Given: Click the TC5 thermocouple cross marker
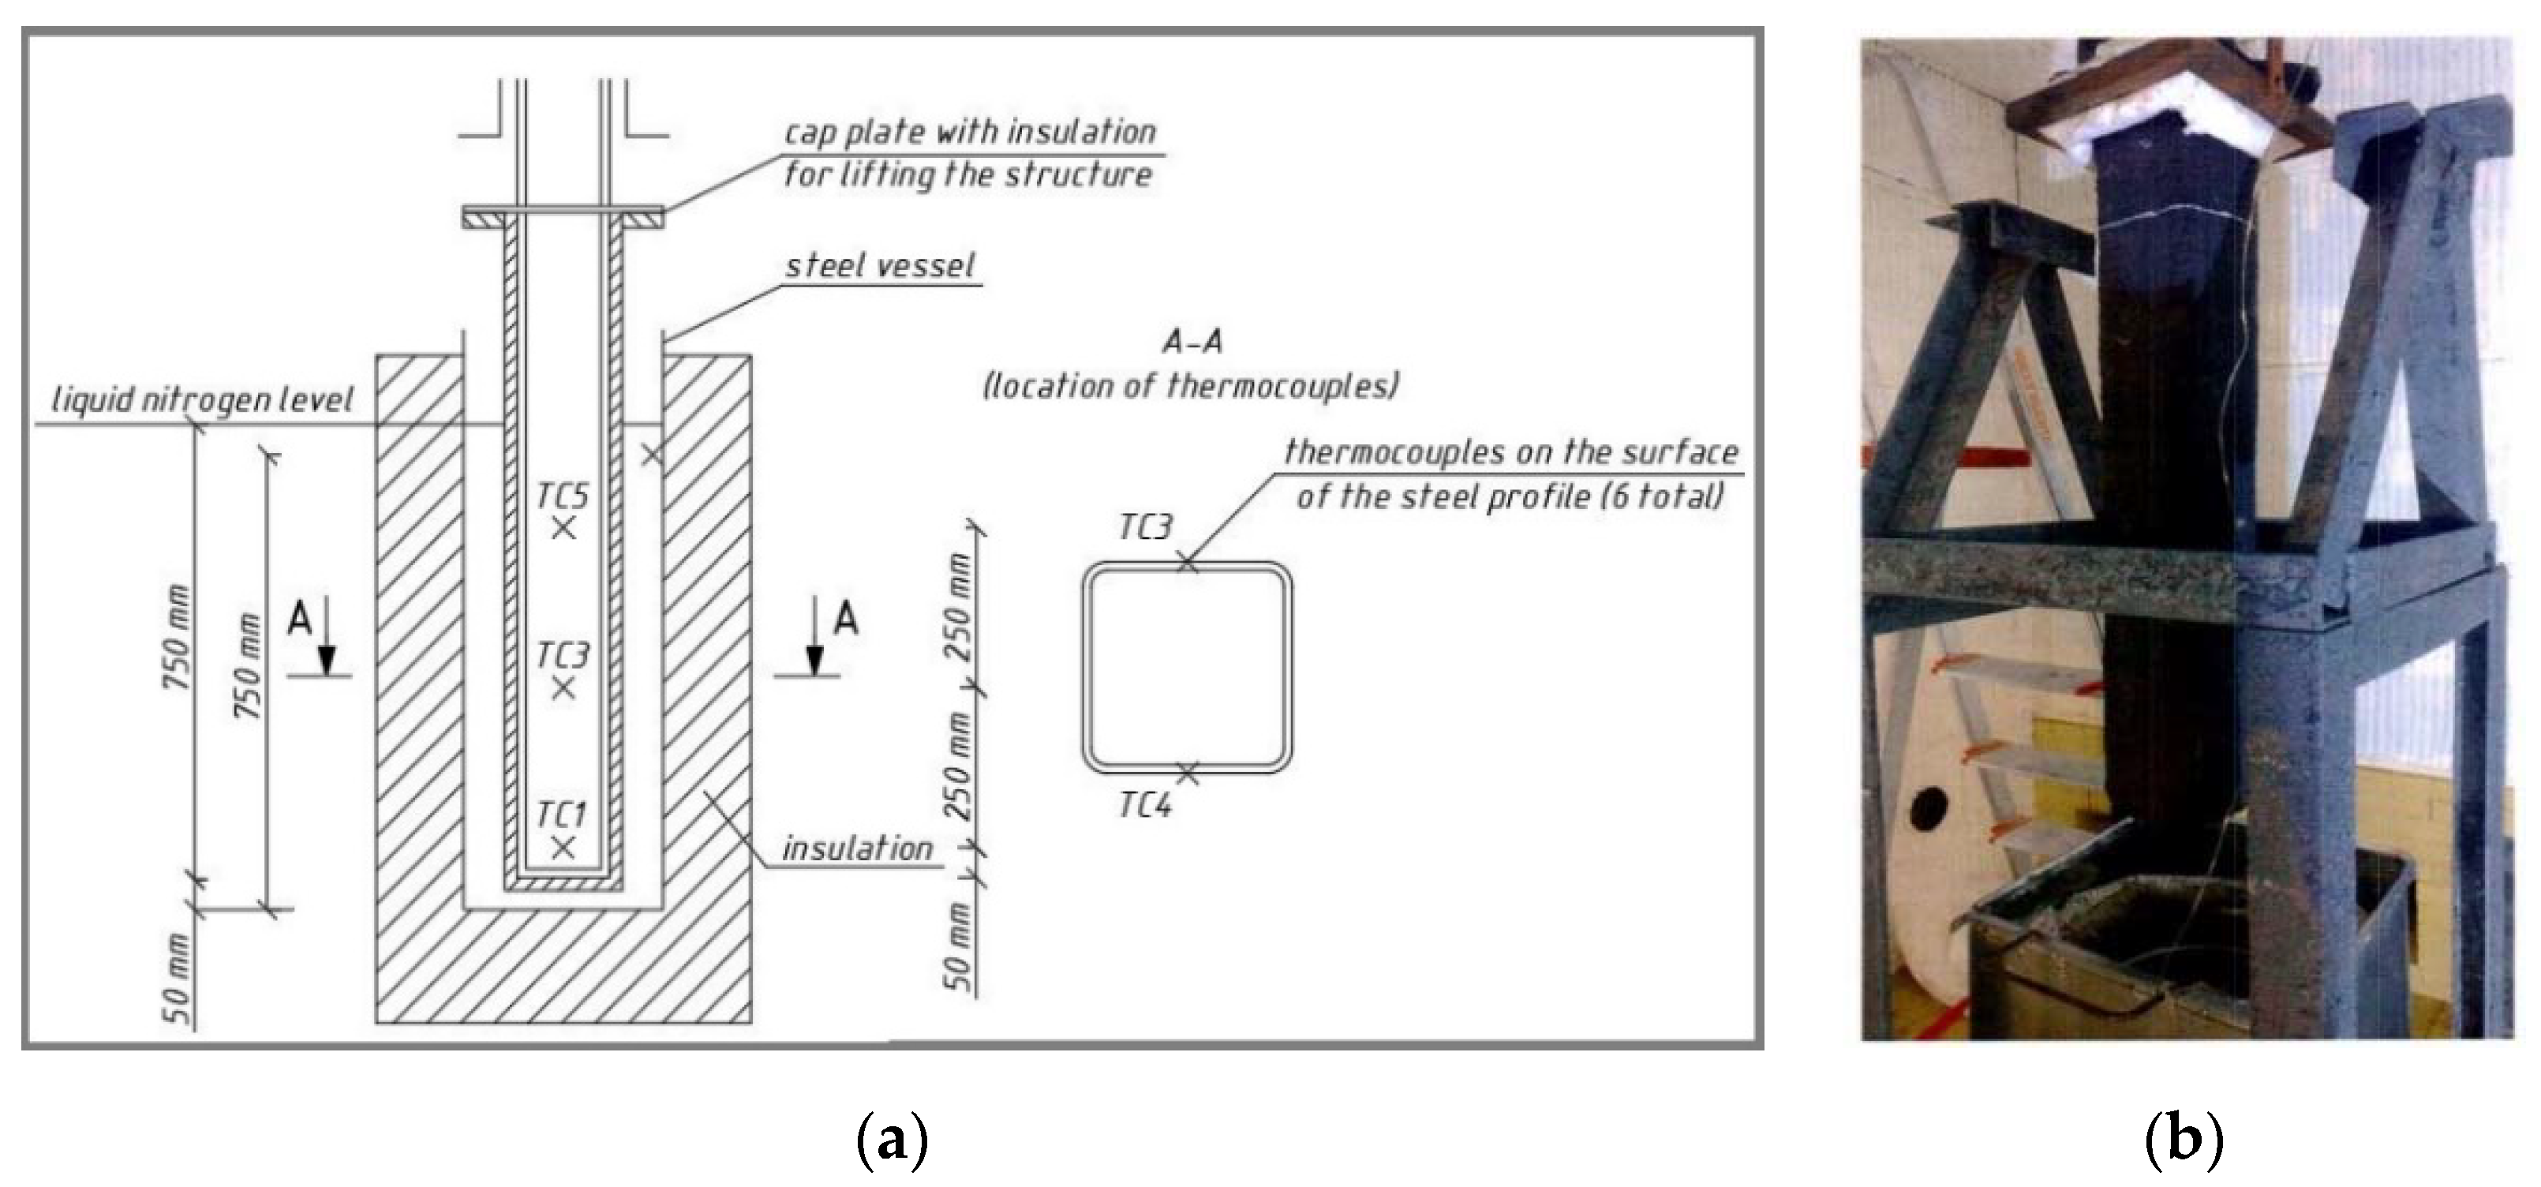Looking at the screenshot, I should (563, 529).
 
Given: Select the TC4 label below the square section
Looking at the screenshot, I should (1145, 806).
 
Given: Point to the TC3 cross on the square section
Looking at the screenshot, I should (1188, 563).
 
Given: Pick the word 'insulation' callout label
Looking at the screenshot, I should (857, 848).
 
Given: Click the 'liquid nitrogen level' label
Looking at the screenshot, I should (201, 399).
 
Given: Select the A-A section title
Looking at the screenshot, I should (1192, 343).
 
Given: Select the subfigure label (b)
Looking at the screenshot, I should (2184, 1139).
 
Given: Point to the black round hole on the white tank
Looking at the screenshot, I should (1926, 809).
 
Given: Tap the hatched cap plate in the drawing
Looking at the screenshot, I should (563, 217).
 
